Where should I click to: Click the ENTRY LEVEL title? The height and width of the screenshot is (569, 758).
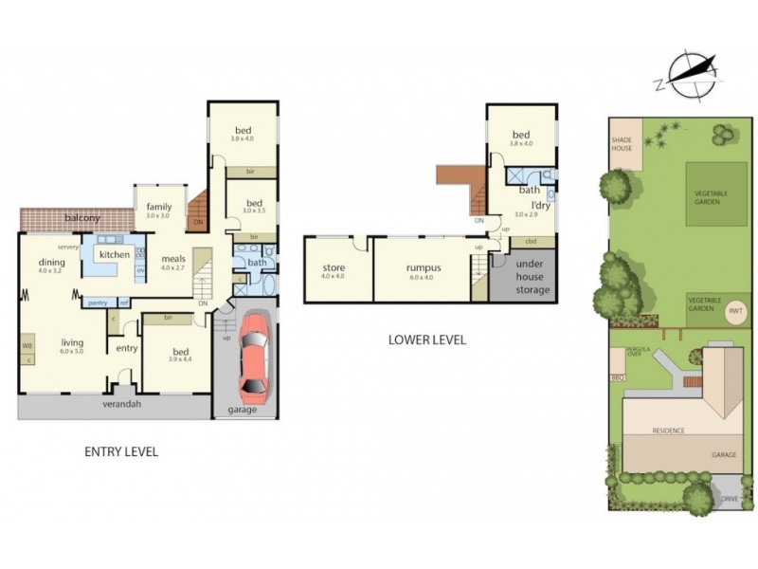coord(121,451)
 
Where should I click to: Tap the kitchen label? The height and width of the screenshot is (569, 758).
coord(115,254)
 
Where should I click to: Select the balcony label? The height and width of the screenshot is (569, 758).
coord(82,219)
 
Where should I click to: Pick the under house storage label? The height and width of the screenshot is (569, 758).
coord(524,275)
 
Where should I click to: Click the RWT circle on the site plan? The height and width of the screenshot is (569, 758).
coord(735,310)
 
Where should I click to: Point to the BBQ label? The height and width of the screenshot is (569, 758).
coord(619,378)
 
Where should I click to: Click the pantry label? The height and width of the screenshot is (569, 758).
coord(97,303)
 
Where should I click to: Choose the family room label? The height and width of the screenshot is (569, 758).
coord(158,208)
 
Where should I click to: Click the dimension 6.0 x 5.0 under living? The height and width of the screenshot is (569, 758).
coord(73,352)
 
